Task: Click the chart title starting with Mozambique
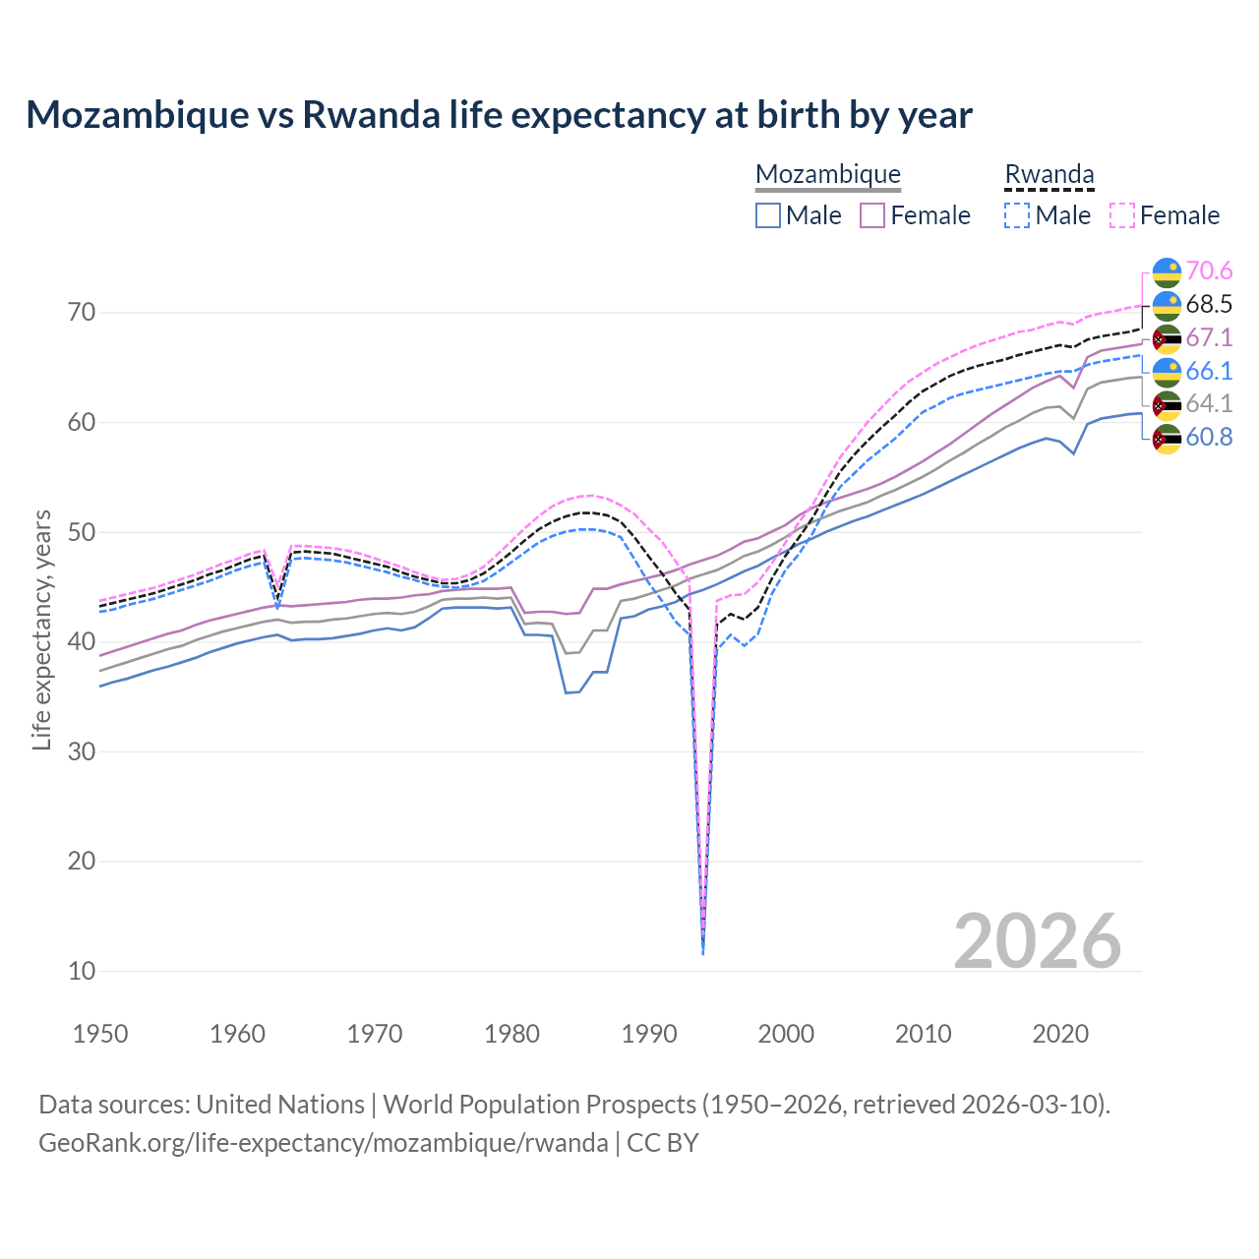[499, 115]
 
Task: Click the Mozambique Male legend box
[768, 215]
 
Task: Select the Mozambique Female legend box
[872, 215]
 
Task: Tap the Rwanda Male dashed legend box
[1017, 215]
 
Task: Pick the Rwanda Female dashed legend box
[1122, 215]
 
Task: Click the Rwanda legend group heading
[1049, 174]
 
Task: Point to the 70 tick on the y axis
[82, 313]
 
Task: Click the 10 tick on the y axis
[82, 971]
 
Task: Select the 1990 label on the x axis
[649, 1034]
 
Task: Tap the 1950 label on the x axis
[100, 1034]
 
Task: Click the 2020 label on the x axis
[1060, 1034]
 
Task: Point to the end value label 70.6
[1209, 270]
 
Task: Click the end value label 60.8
[1209, 438]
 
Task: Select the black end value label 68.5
[1209, 304]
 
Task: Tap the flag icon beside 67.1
[1167, 338]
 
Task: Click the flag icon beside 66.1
[1167, 372]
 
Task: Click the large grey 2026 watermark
[1037, 941]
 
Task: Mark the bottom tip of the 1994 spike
[702, 953]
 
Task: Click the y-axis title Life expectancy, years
[41, 629]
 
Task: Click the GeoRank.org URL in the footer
[323, 1143]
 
